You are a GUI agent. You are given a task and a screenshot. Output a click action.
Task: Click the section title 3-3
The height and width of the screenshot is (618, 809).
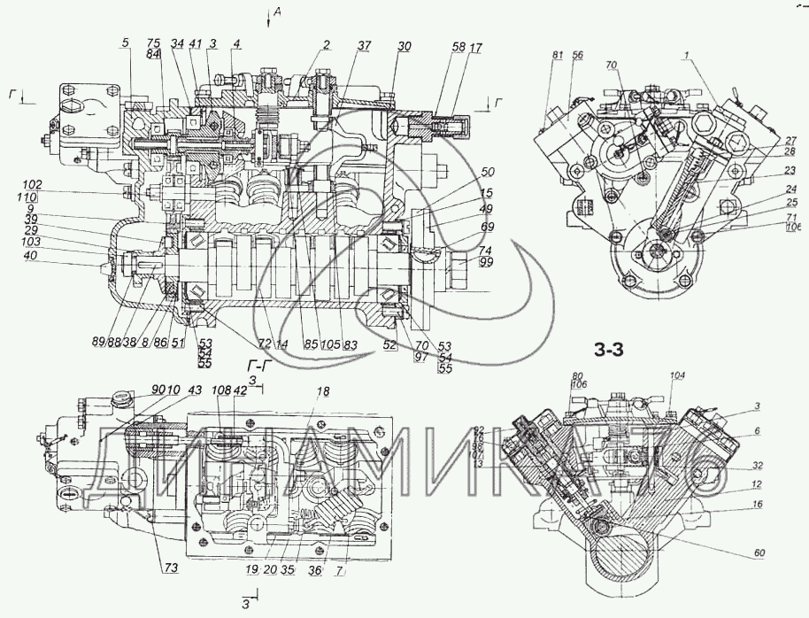pyautogui.click(x=610, y=349)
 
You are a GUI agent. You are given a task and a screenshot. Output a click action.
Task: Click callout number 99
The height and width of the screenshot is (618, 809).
pyautogui.click(x=486, y=264)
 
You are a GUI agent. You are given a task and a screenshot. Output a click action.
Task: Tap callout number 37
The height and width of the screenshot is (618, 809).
pyautogui.click(x=366, y=45)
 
